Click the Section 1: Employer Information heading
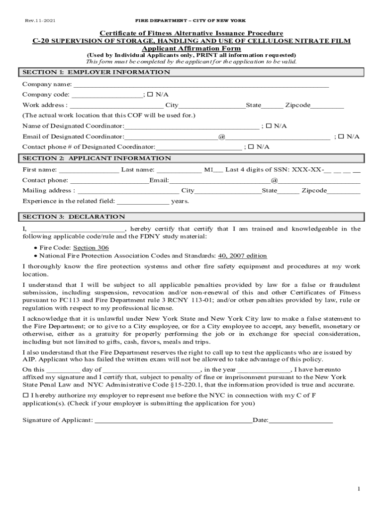click(x=96, y=73)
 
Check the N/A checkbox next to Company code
click(x=150, y=95)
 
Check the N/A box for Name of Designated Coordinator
click(x=269, y=126)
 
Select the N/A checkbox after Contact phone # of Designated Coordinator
click(x=251, y=147)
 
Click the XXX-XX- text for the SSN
click(x=307, y=170)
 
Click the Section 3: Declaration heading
click(x=74, y=217)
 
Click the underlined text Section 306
click(x=91, y=248)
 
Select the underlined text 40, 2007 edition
click(x=242, y=256)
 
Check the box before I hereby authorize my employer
click(x=25, y=395)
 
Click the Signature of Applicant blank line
click(x=173, y=421)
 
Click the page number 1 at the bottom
click(x=358, y=489)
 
